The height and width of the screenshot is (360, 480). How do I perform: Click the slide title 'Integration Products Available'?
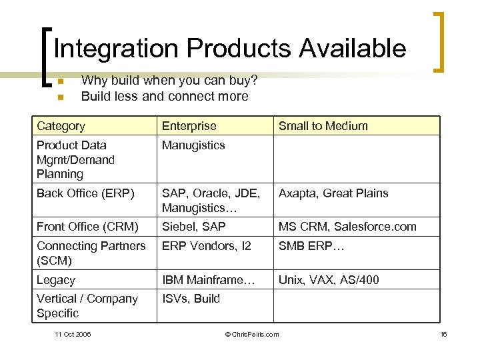coord(229,49)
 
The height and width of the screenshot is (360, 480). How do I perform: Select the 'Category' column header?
coord(61,126)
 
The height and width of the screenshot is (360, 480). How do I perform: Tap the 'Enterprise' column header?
coord(189,126)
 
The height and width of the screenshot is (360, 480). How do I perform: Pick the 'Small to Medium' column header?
coord(323,126)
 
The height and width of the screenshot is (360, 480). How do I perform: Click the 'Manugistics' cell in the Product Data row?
coord(193,145)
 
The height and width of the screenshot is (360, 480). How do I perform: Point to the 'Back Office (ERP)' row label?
coord(85,193)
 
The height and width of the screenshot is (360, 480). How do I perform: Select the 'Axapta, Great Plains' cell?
coord(333,193)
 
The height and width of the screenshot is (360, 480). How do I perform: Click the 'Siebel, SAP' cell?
coord(193,227)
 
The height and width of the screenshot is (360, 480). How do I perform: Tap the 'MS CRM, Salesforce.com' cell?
coord(347,227)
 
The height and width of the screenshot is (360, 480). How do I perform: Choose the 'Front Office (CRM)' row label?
coord(87,227)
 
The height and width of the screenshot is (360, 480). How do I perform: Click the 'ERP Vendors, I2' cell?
coord(206,246)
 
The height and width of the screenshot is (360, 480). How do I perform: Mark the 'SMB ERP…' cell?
coord(311,246)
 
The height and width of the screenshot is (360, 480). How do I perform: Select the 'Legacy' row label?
coord(55,280)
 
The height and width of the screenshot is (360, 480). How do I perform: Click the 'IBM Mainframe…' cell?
coord(208,280)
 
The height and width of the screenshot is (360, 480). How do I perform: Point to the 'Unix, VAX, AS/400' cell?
coord(328,280)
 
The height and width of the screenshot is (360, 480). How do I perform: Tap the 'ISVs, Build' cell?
coord(191,299)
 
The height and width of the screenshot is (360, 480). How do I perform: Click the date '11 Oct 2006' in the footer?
coord(73,334)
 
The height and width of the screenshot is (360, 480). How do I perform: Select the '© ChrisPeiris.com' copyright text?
coord(252,334)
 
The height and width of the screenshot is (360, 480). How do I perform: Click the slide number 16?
coord(443,334)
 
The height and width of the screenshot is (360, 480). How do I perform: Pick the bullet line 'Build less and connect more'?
coord(164,96)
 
